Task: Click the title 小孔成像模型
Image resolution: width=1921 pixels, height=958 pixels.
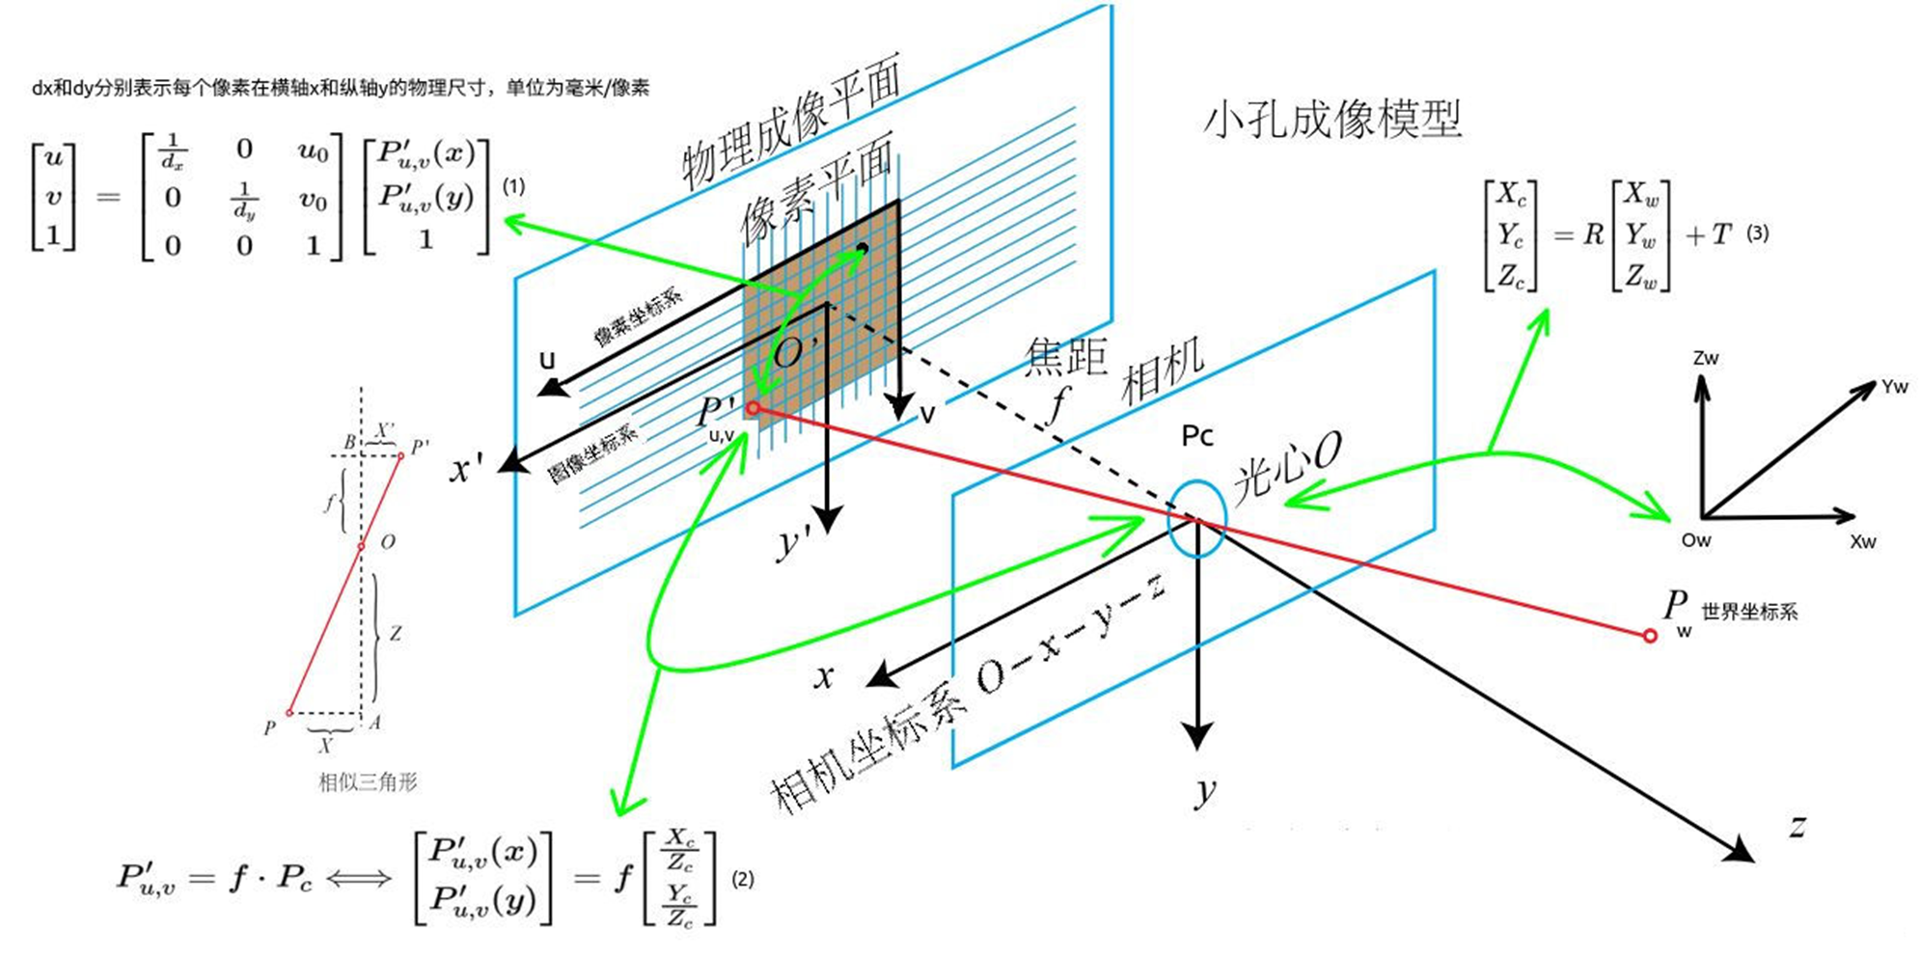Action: pos(1331,120)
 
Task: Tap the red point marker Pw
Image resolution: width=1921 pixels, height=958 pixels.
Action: pos(1650,636)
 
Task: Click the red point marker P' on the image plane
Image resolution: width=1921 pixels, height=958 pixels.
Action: pos(753,409)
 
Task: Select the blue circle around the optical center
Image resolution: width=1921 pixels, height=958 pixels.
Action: pos(1196,518)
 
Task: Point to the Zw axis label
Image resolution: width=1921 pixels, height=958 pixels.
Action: pos(1705,358)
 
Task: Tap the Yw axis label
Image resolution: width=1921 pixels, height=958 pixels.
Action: pos(1894,387)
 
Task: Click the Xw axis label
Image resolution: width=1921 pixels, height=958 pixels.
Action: pos(1862,542)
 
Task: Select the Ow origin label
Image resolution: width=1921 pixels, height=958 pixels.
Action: pos(1695,540)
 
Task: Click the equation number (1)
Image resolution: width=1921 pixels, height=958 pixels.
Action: pos(513,186)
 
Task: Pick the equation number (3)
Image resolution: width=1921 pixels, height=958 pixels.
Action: pos(1757,233)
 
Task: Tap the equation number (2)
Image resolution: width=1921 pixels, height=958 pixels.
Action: pos(742,879)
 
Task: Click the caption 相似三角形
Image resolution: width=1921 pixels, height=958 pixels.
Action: pos(368,781)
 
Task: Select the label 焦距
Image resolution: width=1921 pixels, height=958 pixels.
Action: pos(1065,356)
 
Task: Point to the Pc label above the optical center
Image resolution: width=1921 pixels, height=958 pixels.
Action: pos(1196,436)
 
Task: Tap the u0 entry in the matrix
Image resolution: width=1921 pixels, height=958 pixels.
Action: pos(313,151)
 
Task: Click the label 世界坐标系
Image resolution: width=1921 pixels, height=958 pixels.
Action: pos(1748,612)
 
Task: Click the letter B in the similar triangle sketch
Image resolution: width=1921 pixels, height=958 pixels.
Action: pos(349,442)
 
